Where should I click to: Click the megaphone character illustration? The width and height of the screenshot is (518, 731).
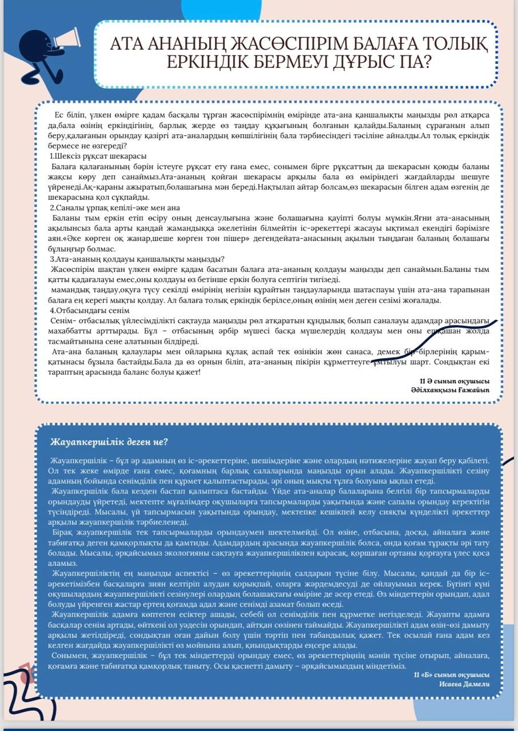point(43,51)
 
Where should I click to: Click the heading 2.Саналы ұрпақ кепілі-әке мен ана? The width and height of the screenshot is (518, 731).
point(114,208)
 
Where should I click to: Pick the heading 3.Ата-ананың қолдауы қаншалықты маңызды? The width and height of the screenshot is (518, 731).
point(137,259)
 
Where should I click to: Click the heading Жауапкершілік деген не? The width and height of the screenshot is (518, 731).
point(109,442)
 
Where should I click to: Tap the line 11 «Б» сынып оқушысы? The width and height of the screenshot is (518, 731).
point(451,674)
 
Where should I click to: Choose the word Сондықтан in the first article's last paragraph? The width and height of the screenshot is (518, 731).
point(453,362)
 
